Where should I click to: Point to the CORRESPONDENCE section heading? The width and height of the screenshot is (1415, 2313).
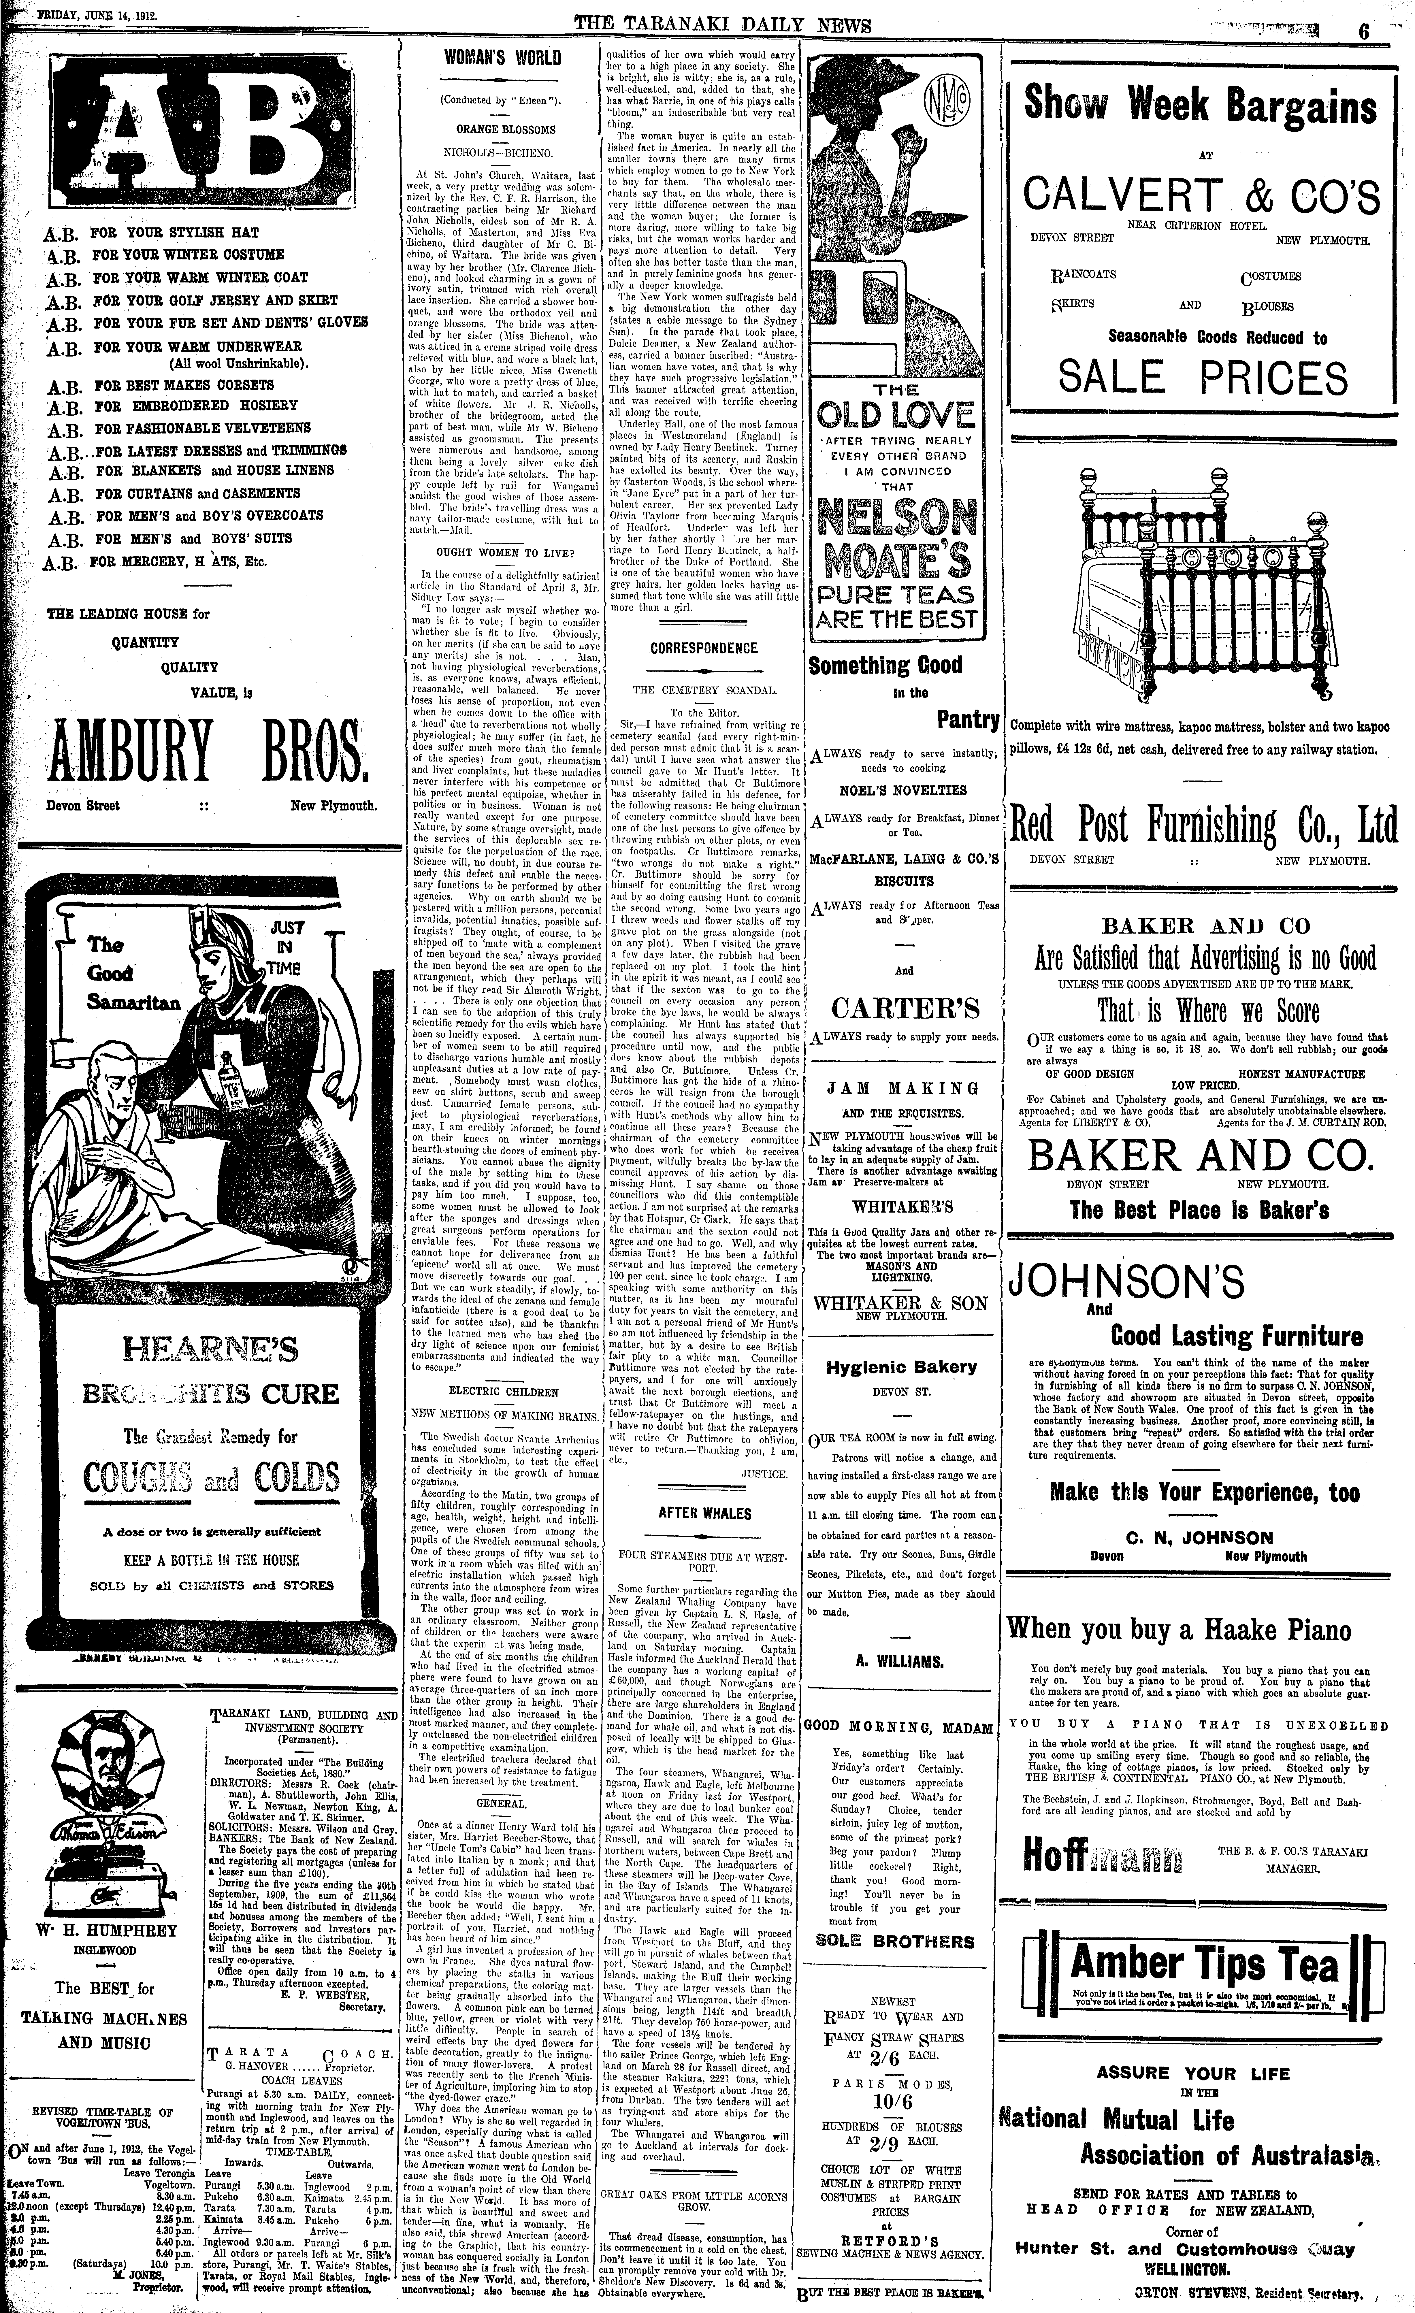click(703, 648)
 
